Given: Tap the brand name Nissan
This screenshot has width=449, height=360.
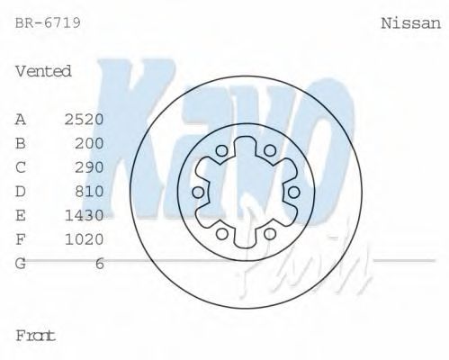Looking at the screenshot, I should coord(411,23).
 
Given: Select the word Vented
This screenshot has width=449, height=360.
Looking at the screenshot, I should coord(43,71).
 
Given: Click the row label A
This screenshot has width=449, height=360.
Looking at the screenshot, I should coord(22,119).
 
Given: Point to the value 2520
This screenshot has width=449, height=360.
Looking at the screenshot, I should coord(85,119).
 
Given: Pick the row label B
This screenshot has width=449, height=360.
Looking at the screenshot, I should coord(22,143).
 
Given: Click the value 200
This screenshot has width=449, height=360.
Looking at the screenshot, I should coord(89,143).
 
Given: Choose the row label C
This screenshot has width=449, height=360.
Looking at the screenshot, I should coord(22,166).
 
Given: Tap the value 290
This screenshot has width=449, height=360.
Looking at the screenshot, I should coord(89,166).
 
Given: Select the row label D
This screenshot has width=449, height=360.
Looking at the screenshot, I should coord(22,191).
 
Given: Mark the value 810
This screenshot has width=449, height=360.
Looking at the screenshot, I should coord(89,191).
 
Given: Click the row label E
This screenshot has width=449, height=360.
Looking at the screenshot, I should coord(22,215).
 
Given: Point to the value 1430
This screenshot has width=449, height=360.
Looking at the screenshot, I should coord(85,215).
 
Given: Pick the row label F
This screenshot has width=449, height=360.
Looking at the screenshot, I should coord(22,239).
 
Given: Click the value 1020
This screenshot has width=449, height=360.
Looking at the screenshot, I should coord(85,239).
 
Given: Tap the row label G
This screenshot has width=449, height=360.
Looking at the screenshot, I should coord(22,263).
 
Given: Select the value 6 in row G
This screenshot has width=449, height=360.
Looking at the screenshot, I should coord(100,263).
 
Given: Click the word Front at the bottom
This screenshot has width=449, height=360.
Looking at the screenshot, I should coord(36,335).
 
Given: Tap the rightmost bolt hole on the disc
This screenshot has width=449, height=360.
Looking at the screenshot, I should coord(293,193).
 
